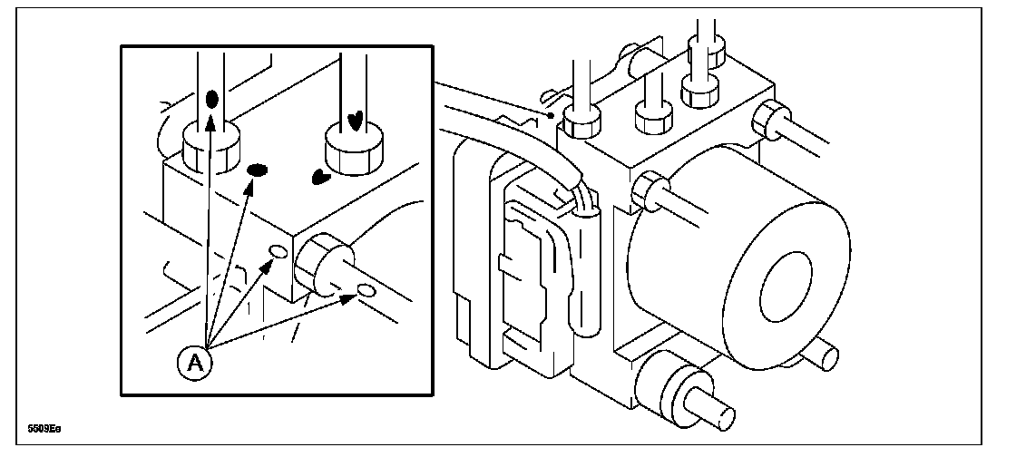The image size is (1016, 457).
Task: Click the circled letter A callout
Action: click(193, 363)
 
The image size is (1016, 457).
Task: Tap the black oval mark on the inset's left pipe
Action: click(211, 97)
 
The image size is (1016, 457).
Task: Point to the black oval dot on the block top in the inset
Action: click(258, 170)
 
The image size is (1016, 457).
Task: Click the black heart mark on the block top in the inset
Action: click(319, 177)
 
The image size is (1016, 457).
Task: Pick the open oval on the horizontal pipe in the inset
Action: click(366, 289)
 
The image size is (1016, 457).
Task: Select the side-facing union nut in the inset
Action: click(318, 261)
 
